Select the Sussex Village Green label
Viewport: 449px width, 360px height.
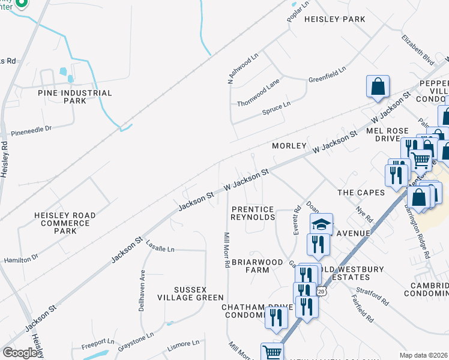[190, 293]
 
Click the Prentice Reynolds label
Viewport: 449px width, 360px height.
[253, 213]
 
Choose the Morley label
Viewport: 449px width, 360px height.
[289, 146]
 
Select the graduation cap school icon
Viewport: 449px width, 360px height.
[321, 223]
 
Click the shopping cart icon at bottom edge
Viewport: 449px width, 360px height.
[273, 352]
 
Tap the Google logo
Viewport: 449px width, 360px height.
[20, 353]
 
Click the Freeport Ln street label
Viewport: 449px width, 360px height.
[98, 343]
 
